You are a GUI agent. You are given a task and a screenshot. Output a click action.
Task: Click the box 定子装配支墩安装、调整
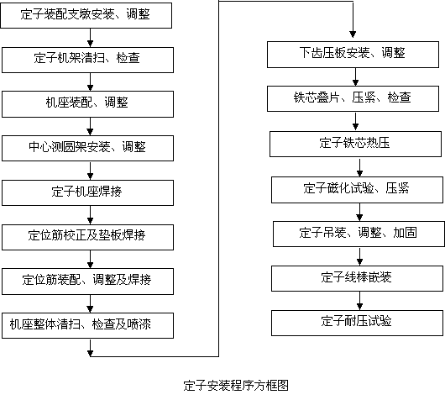tap(86, 15)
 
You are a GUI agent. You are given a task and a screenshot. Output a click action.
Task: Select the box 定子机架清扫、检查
tap(87, 60)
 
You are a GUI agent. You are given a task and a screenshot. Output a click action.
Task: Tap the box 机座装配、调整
tap(87, 104)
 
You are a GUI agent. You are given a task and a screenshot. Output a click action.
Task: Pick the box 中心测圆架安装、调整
tap(87, 148)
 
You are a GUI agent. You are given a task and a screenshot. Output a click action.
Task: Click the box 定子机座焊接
tap(87, 192)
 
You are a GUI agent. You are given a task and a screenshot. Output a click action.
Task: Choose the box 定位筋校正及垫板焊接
tap(87, 237)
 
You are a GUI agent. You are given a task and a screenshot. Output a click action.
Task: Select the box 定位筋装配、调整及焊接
tap(87, 282)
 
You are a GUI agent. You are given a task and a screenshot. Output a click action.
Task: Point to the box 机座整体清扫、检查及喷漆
tap(87, 325)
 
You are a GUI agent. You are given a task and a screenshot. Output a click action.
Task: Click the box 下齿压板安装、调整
tap(353, 55)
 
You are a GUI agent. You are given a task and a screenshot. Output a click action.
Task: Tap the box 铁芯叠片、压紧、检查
tap(353, 99)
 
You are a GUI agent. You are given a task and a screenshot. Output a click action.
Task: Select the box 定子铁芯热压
tap(356, 144)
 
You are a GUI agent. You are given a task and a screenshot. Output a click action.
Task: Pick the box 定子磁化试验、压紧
tap(358, 190)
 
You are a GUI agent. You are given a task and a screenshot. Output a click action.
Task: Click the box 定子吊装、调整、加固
tap(359, 234)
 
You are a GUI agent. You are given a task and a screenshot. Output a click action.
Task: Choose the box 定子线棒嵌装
tap(358, 278)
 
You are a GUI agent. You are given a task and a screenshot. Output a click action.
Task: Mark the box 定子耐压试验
tap(358, 323)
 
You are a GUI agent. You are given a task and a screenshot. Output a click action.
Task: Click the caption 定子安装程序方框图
tap(236, 386)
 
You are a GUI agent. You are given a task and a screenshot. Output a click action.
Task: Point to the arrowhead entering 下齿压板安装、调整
tap(353, 34)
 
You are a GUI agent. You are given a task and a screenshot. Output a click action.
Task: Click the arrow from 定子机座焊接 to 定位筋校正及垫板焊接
tap(90, 215)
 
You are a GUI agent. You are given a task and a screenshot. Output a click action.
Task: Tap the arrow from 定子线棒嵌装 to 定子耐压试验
tap(359, 301)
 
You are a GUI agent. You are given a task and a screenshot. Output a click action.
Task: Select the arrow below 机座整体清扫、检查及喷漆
tap(90, 348)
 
